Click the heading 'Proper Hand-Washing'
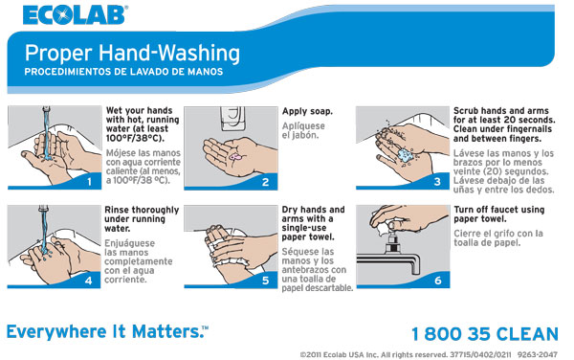tap(132, 53)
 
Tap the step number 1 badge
tap(89, 180)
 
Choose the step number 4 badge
tap(89, 281)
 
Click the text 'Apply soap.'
tap(307, 111)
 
